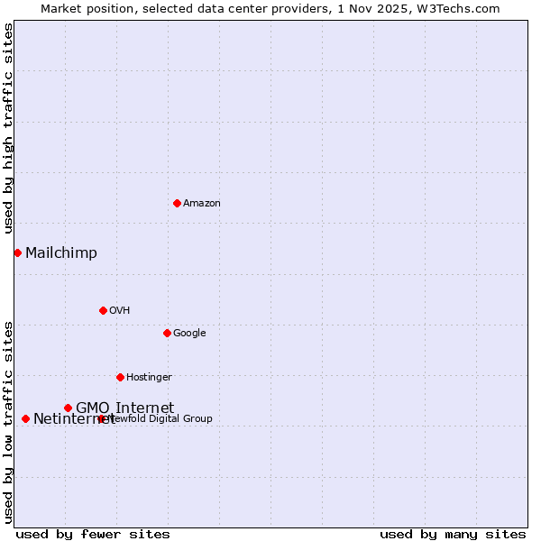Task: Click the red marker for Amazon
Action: click(177, 203)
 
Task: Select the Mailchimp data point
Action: click(17, 252)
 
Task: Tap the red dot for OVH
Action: click(103, 310)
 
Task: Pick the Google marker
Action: click(167, 333)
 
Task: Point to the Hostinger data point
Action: click(120, 377)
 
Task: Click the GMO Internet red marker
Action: click(68, 408)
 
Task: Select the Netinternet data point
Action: click(25, 418)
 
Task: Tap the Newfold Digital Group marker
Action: click(101, 418)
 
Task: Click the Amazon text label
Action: click(201, 203)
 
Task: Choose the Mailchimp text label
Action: click(60, 252)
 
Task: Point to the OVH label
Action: click(119, 310)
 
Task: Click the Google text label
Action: click(189, 333)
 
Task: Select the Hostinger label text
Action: click(149, 377)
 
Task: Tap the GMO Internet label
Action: click(124, 408)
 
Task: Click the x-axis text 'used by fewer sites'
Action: click(93, 534)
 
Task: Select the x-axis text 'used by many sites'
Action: click(453, 534)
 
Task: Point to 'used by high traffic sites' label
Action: click(8, 128)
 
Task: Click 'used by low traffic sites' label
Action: click(8, 421)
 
